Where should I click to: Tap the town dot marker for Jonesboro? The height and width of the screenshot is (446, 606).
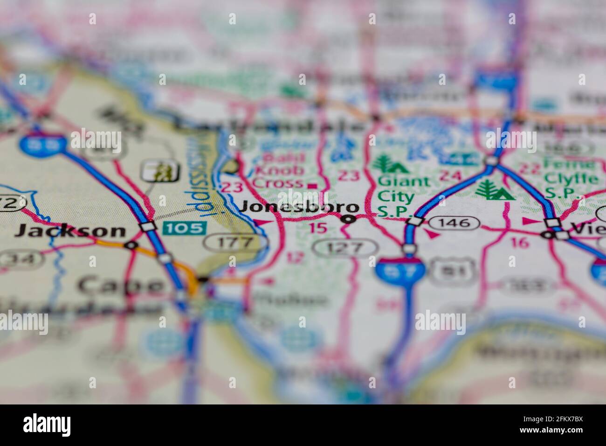coord(349,219)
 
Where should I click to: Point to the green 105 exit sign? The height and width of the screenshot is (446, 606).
coord(185,228)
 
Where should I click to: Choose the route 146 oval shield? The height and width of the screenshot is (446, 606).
coord(454,223)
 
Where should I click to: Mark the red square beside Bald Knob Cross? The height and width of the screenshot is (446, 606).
coord(312,186)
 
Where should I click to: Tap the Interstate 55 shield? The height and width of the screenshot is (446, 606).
coord(42,145)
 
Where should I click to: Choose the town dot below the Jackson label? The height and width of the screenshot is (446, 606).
coord(132,244)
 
